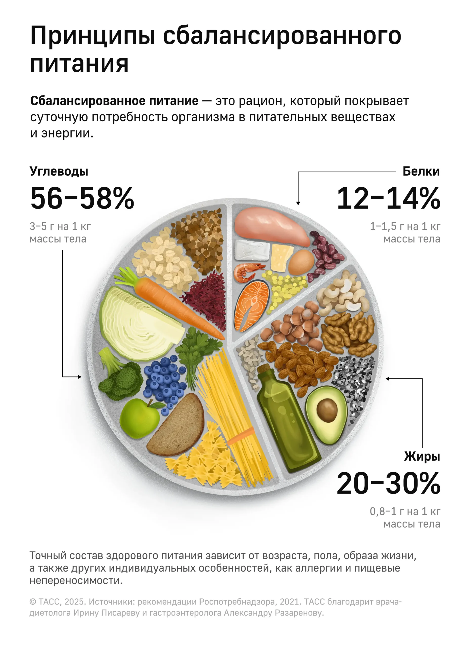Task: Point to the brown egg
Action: (301, 262)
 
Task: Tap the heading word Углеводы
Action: (59, 171)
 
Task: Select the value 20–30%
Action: (388, 483)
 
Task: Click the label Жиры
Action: (422, 456)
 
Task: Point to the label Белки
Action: (421, 171)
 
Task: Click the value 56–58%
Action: (82, 198)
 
